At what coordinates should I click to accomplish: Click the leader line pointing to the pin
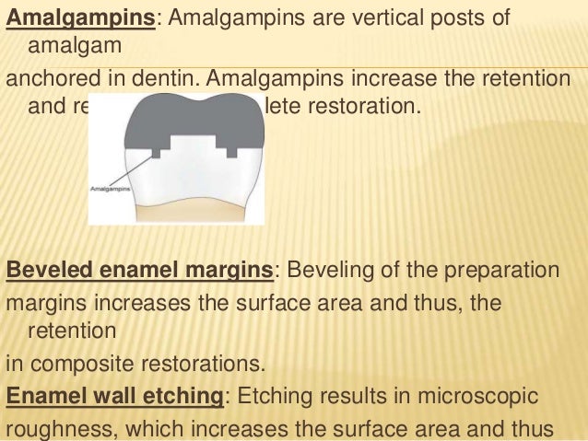139,170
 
